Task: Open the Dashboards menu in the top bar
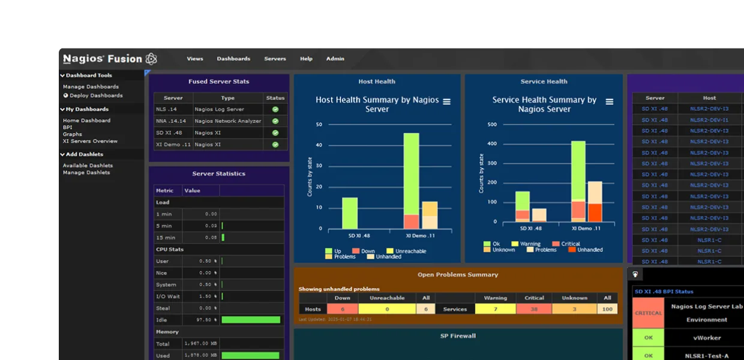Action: tap(233, 59)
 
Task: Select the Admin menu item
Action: tap(335, 59)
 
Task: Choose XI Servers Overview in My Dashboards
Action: tap(90, 141)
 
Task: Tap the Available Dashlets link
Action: tap(88, 166)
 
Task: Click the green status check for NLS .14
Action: tap(275, 109)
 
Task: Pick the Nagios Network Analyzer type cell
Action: tap(228, 121)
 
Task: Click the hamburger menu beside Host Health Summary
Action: tap(446, 102)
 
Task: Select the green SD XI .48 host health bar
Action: tap(350, 213)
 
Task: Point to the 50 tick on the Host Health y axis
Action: tap(319, 125)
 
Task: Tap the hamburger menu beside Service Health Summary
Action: tap(610, 102)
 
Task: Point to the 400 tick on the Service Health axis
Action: tap(492, 144)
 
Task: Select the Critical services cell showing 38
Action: tap(534, 309)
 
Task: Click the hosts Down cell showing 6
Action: tap(342, 309)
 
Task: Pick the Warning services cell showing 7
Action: tap(495, 309)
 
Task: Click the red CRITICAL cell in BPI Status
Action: tap(648, 313)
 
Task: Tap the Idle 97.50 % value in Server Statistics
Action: tap(200, 320)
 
